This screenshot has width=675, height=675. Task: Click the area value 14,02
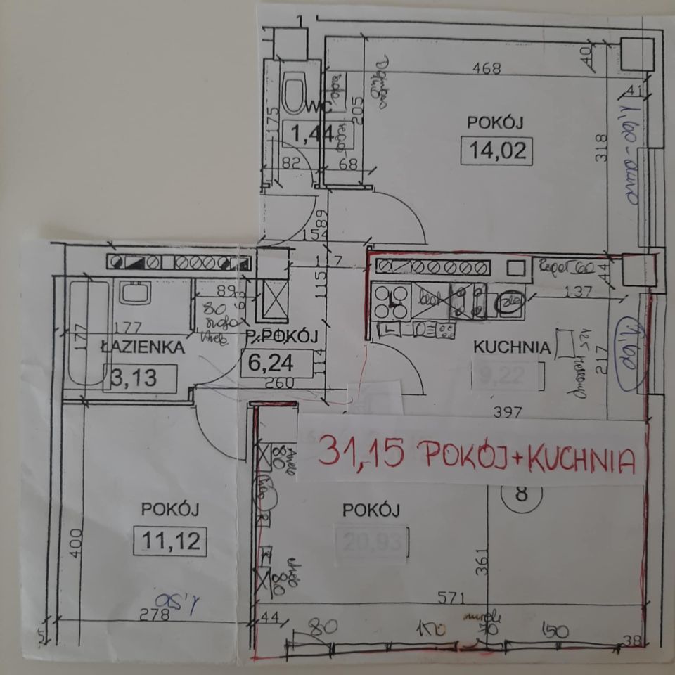click(495, 151)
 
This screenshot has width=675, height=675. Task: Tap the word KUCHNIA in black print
click(510, 347)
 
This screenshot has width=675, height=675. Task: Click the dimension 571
click(454, 599)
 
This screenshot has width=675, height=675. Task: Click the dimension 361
click(480, 562)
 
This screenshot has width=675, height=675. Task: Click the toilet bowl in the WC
click(293, 94)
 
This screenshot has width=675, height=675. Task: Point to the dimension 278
click(155, 614)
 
